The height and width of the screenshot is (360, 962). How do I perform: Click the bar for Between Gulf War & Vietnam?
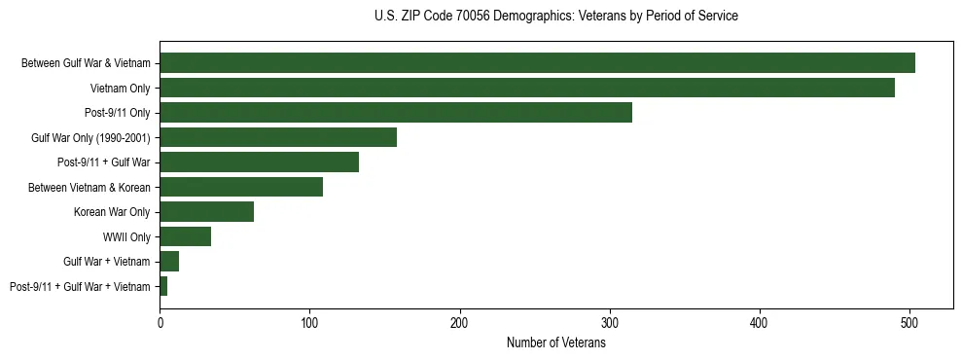[537, 63]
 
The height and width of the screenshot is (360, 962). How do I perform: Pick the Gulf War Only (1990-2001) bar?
[278, 137]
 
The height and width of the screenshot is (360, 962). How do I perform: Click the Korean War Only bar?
[206, 212]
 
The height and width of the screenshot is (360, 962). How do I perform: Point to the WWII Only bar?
[185, 236]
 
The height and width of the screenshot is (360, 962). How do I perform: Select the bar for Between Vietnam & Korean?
[241, 187]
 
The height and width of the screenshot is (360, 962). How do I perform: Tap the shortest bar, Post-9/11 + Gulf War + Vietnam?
[163, 286]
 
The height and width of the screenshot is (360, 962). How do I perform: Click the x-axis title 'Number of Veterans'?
[555, 342]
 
